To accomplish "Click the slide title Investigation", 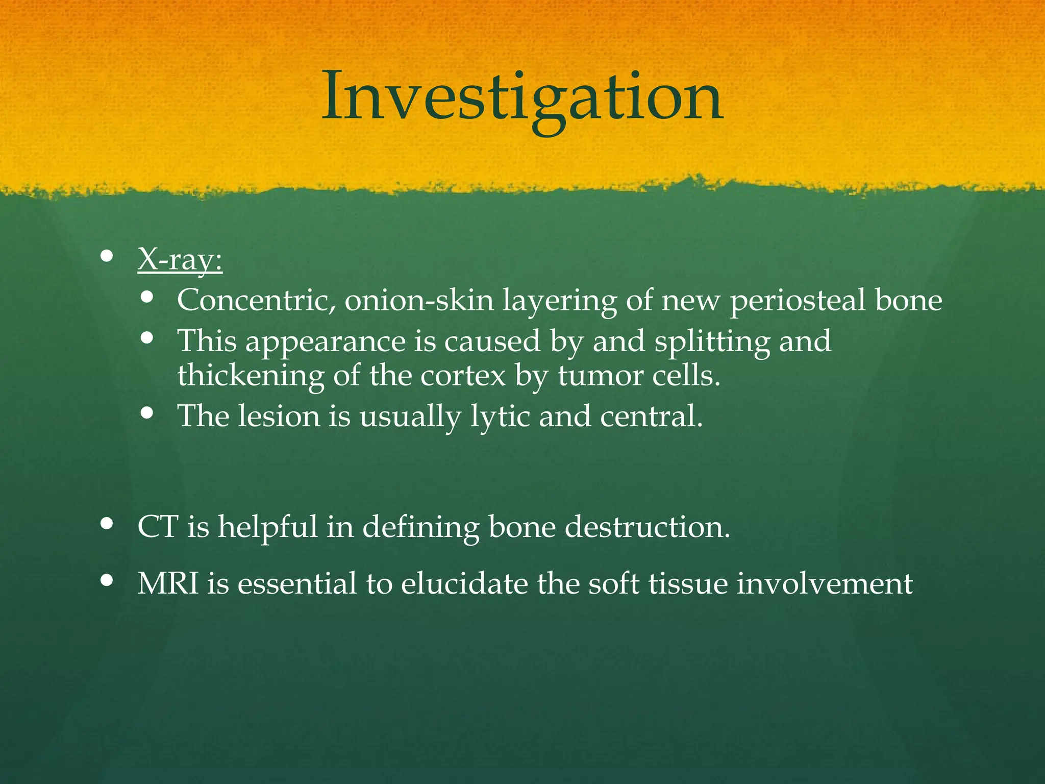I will (x=522, y=97).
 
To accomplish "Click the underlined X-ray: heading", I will (x=180, y=260).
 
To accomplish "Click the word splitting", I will (x=712, y=341).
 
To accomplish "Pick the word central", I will (x=651, y=416).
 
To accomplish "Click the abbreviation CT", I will (x=158, y=527).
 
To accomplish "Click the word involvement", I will (x=825, y=583).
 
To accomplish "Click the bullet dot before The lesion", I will (x=147, y=412).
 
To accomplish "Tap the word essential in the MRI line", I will (x=296, y=583).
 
